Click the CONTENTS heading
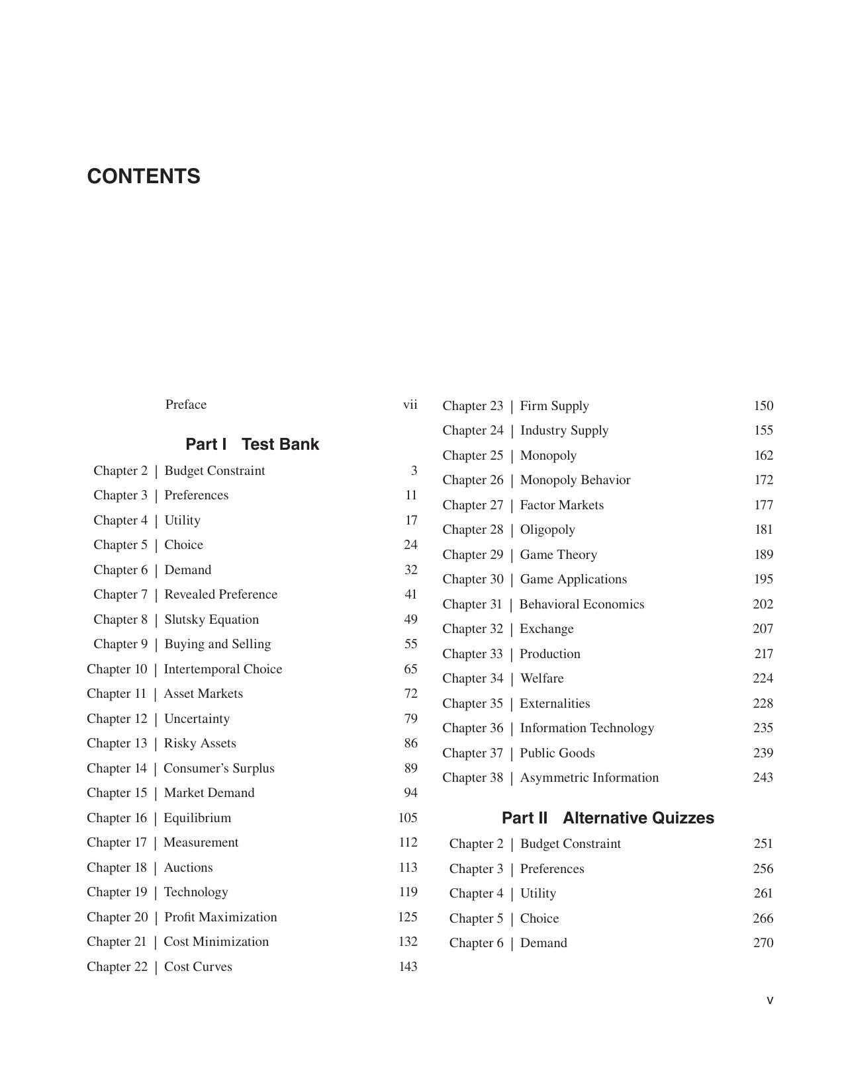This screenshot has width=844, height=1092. coord(144,177)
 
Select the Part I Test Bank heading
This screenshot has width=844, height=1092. coord(252,444)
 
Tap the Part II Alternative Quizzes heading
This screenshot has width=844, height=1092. coord(608,818)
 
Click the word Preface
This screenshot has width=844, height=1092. coord(186,405)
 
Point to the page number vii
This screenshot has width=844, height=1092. coord(410,405)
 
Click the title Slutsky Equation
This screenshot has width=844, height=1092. coord(212,620)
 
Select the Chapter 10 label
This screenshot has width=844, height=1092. coord(117,669)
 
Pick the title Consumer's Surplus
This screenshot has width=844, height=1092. coord(219,769)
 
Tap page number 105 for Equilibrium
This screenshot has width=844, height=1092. coord(408,818)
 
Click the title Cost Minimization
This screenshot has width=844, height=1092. coord(216,942)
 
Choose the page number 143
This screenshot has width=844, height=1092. coord(408,967)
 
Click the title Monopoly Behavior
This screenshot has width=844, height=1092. coord(575,480)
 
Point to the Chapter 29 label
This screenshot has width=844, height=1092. coord(473,555)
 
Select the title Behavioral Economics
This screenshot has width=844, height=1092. coord(582,605)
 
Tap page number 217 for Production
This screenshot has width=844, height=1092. coord(764,654)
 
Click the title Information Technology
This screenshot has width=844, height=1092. coord(587,728)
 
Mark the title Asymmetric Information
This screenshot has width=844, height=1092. coord(590,778)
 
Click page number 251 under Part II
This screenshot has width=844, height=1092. coord(763,844)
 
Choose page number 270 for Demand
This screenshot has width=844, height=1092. coord(763,943)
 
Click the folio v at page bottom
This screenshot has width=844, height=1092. coord(770,1001)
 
